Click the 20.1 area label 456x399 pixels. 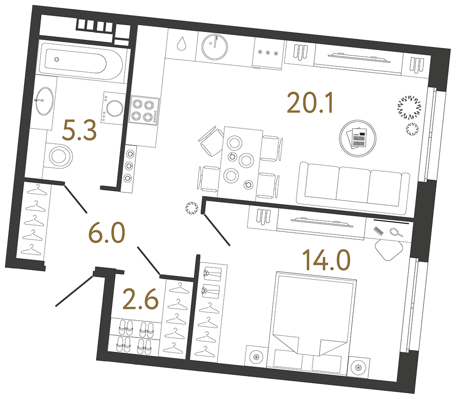(x=310, y=103)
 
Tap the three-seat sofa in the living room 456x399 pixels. (x=352, y=184)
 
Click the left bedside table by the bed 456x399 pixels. (x=256, y=357)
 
